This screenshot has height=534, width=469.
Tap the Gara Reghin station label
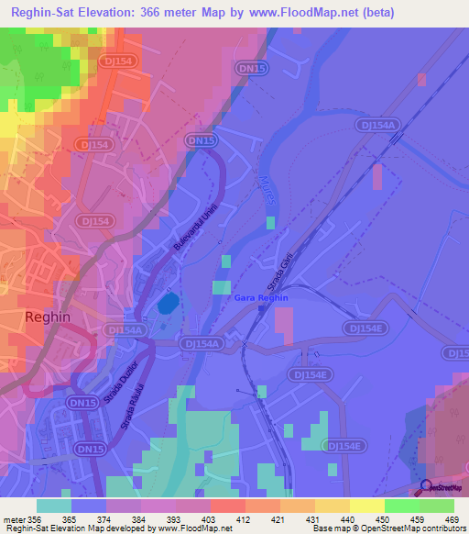[x=261, y=298]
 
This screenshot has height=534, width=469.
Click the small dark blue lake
[x=168, y=303]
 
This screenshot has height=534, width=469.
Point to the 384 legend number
[x=139, y=518]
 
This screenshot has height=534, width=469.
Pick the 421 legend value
[x=278, y=518]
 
